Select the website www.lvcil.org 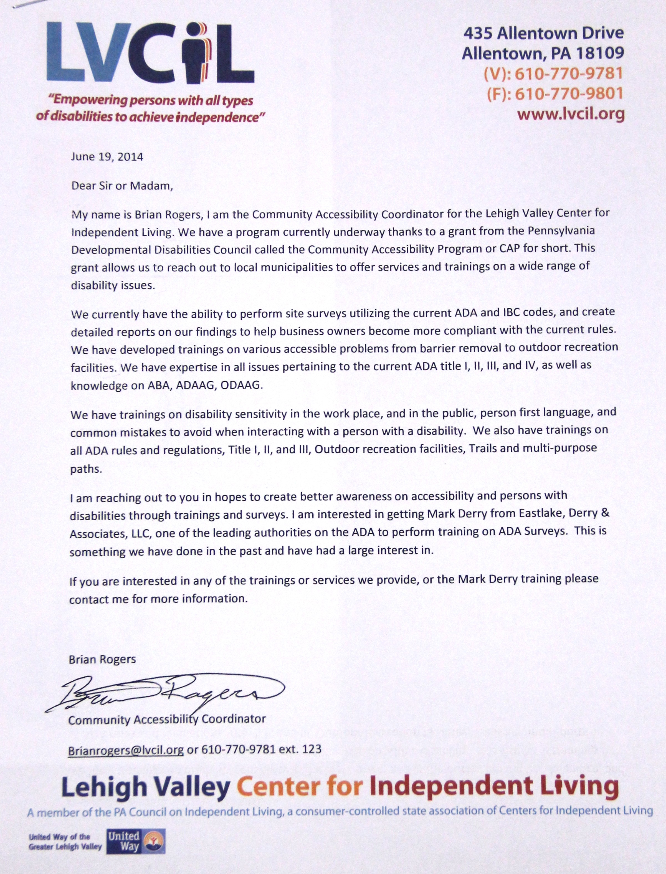tap(571, 114)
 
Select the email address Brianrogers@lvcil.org tap(126, 750)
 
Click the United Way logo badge tap(136, 842)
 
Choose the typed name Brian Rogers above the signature tap(102, 659)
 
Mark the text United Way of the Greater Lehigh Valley tap(65, 842)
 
